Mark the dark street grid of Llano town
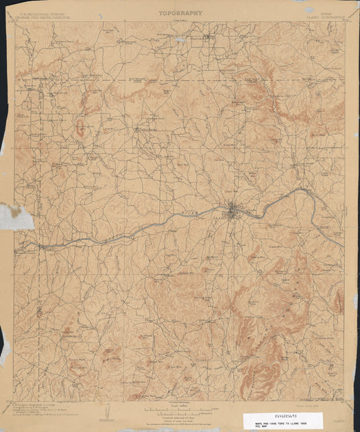tap(235, 209)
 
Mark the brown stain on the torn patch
tap(9, 206)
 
